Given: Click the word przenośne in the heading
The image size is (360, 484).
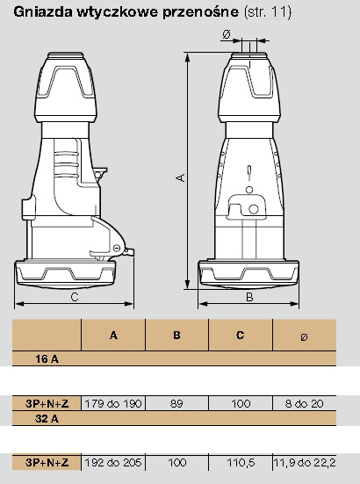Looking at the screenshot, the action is click(200, 12).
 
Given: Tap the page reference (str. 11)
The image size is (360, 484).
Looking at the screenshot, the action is click(268, 12).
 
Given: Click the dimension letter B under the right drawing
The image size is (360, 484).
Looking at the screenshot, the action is click(249, 297).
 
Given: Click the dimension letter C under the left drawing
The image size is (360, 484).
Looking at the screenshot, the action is click(75, 297).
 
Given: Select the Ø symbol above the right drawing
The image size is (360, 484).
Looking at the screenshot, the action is click(227, 34).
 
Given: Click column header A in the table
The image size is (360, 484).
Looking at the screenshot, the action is click(113, 335).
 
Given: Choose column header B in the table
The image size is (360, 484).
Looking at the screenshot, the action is click(176, 335).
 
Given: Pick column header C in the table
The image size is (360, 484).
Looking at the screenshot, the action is click(240, 335).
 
